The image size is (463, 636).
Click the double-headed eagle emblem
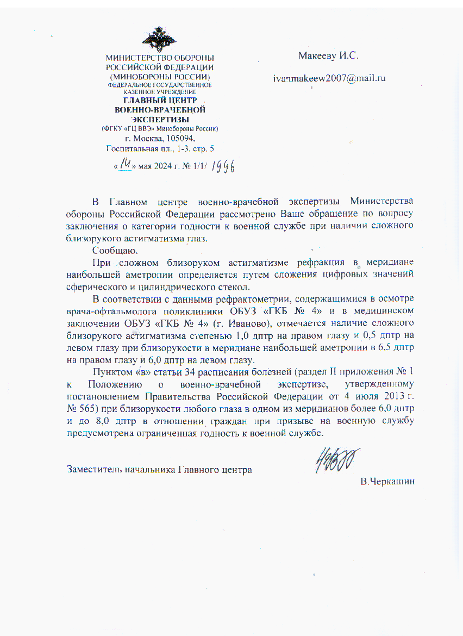tap(159, 39)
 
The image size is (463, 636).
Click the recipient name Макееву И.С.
tap(329, 55)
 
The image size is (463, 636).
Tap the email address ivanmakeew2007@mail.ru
tap(329, 78)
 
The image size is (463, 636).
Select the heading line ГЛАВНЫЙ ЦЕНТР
tap(159, 101)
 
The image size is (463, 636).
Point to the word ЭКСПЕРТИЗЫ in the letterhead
tap(159, 119)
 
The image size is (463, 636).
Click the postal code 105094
tap(177, 139)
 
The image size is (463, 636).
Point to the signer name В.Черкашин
tap(387, 482)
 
